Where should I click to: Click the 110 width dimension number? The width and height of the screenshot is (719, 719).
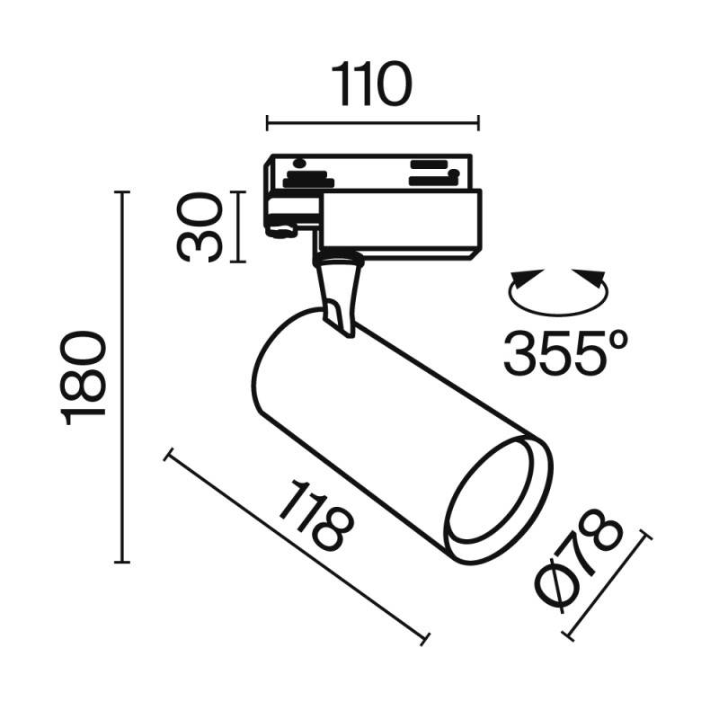tap(373, 85)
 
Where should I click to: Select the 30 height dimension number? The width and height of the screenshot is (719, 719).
tap(200, 226)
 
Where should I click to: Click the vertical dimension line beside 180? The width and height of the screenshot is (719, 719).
tap(123, 377)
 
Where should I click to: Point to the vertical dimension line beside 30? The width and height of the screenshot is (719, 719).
tap(237, 226)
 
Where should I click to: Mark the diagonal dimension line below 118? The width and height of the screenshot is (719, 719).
tap(297, 548)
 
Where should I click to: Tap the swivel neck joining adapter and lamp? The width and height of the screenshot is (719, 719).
tap(340, 292)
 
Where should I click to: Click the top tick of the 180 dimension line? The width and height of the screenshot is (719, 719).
tap(123, 192)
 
